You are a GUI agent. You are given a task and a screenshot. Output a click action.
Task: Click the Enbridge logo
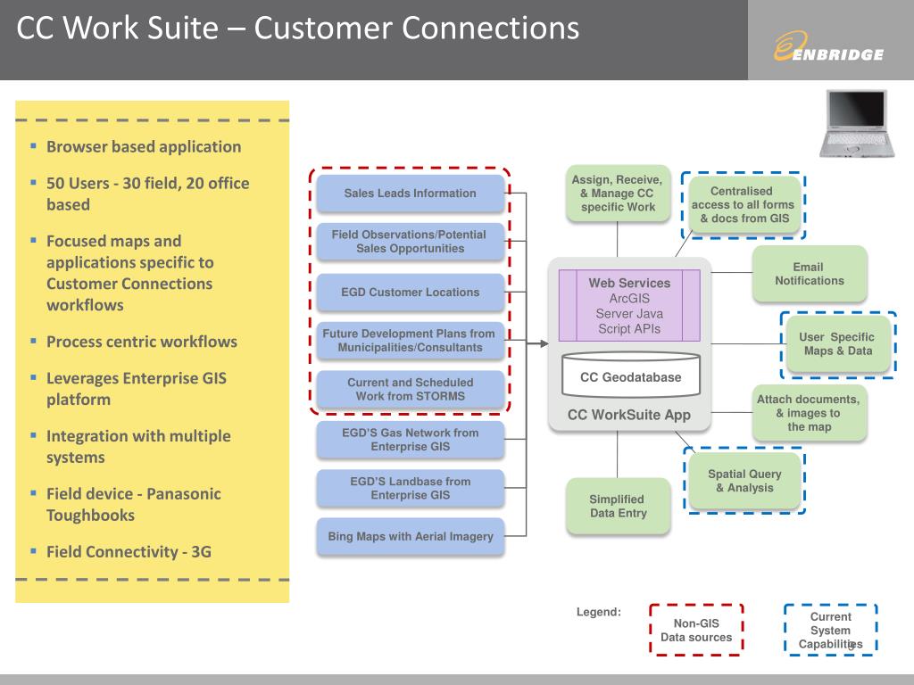click(x=828, y=46)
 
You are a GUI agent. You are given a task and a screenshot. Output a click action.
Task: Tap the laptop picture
click(x=857, y=123)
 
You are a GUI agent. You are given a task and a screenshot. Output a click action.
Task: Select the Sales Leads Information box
click(x=411, y=194)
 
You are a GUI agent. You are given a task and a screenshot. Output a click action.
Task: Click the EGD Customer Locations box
click(x=411, y=293)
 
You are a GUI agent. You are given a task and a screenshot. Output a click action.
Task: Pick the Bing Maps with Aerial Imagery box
click(x=411, y=536)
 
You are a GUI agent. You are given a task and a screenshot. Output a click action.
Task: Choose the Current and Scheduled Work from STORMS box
click(x=411, y=389)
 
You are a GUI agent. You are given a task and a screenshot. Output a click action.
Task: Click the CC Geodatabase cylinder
click(x=631, y=375)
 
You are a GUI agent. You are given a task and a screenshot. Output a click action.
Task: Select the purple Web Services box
click(x=629, y=305)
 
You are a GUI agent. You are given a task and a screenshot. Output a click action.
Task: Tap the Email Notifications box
click(x=810, y=274)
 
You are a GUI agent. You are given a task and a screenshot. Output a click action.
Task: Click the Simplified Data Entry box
click(x=618, y=507)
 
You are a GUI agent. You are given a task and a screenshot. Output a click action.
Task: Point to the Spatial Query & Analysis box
click(x=745, y=481)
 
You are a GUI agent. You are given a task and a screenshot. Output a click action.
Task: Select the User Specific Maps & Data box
click(x=838, y=344)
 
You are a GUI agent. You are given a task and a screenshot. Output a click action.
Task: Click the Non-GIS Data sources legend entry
click(x=696, y=631)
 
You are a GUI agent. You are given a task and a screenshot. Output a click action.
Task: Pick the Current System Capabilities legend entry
click(x=831, y=631)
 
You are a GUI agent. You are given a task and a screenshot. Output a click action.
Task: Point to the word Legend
click(x=599, y=612)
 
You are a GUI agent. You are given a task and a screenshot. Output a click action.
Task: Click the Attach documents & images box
click(x=810, y=413)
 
